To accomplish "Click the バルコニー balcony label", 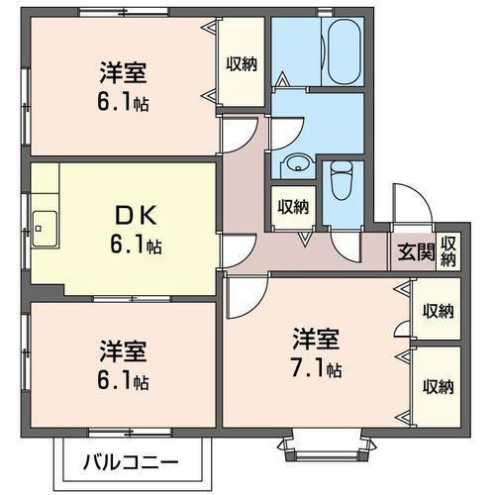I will point(131,461).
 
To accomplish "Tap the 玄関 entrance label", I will point(417,250).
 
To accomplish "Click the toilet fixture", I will point(340,182).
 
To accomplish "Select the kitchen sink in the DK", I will point(44,226).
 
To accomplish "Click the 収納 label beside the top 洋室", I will point(241,65).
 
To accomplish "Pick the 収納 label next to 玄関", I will point(449,250).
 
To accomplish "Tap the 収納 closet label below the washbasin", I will point(292,207).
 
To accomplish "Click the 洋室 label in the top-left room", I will point(123,72).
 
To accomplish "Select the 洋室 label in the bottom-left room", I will point(123,351).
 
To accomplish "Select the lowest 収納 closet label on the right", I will point(438,385).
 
